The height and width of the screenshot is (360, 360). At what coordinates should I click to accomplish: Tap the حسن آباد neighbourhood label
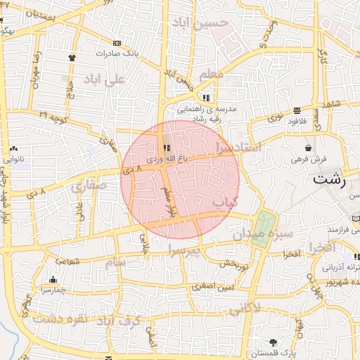(x=204, y=23)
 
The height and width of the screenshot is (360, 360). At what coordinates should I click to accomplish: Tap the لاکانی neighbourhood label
(x=245, y=308)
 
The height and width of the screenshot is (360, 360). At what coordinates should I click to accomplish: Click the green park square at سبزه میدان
(x=262, y=228)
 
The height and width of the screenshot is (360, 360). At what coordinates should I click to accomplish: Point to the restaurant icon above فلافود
(x=297, y=110)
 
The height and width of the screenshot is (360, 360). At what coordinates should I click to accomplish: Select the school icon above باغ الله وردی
(x=167, y=148)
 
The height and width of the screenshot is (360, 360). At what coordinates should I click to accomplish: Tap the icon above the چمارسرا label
(x=53, y=279)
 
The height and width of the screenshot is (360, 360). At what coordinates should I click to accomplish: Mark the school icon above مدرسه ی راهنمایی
(x=206, y=98)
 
